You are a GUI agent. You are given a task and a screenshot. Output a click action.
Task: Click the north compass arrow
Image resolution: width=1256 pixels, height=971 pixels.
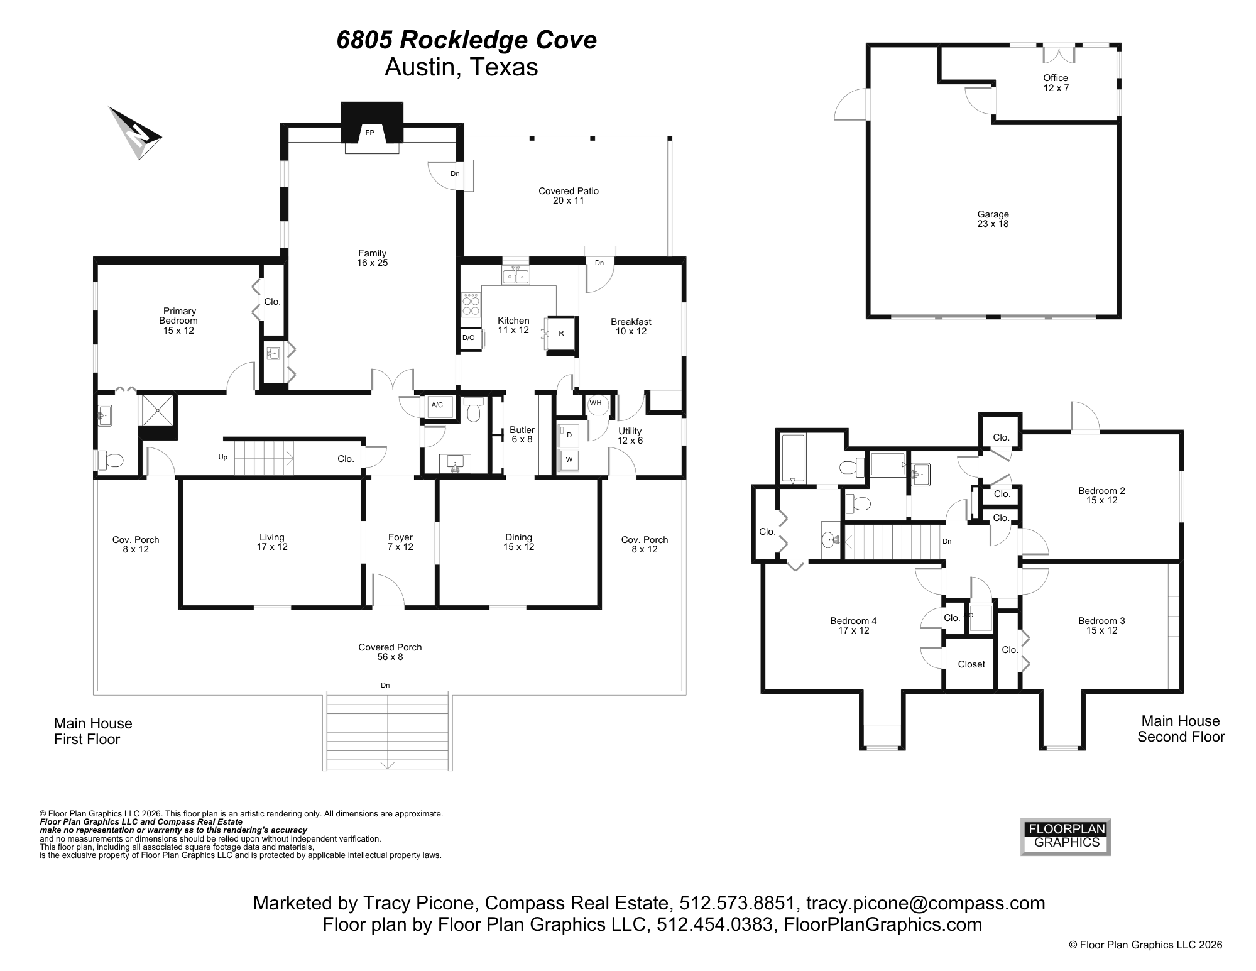(x=136, y=133)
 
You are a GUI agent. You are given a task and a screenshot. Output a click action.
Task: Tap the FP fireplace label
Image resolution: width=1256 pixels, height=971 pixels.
(x=369, y=133)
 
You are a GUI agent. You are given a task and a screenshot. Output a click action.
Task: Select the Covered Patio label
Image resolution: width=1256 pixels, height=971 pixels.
(x=568, y=195)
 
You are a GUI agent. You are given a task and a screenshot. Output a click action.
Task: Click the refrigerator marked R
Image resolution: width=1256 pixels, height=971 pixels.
(x=561, y=333)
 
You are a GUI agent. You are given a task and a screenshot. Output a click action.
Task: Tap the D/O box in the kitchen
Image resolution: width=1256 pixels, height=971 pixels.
(x=469, y=338)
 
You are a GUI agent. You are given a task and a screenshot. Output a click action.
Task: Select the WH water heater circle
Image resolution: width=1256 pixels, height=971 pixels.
(x=596, y=403)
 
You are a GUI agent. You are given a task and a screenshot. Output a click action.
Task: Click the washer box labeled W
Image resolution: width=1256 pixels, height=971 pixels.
(x=569, y=459)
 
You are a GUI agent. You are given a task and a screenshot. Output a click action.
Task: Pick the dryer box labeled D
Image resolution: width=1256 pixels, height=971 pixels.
(x=569, y=435)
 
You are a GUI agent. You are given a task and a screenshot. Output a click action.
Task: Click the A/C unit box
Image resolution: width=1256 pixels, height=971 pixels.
(x=437, y=405)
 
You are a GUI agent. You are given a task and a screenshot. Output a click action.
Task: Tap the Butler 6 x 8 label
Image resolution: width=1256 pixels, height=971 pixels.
(x=522, y=434)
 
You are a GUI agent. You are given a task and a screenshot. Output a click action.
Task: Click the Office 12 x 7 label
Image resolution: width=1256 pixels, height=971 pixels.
(x=1056, y=83)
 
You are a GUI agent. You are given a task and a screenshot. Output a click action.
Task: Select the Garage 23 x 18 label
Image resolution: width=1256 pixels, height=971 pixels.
(x=993, y=219)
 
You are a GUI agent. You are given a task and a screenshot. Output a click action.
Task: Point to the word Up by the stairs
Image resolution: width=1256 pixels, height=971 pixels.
(x=223, y=458)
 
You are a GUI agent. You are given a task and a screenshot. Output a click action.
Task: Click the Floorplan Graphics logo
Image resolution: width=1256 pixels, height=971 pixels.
(x=1066, y=836)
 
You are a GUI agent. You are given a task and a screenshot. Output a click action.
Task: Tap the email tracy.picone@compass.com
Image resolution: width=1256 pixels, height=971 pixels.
(x=925, y=903)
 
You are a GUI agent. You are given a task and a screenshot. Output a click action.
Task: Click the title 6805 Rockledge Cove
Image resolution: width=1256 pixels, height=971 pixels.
(x=466, y=40)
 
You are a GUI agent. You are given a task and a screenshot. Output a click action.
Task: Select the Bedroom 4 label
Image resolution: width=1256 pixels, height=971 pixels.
(x=853, y=625)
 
